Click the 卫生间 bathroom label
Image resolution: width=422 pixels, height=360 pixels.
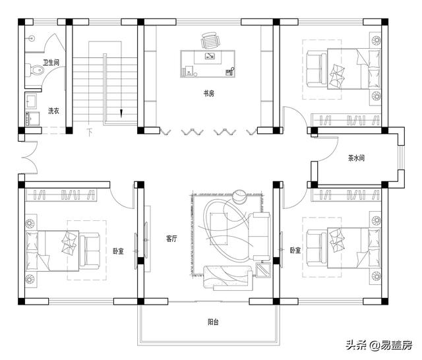pyautogui.click(x=51, y=63)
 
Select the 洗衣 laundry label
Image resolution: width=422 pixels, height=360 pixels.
pyautogui.click(x=53, y=111)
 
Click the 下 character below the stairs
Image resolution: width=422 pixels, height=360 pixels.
pyautogui.click(x=89, y=132)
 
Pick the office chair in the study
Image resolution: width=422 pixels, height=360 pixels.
pyautogui.click(x=210, y=41)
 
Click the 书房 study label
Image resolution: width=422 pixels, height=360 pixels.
pyautogui.click(x=208, y=94)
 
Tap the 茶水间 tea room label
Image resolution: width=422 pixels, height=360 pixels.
pyautogui.click(x=357, y=158)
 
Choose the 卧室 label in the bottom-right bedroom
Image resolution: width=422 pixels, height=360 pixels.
pyautogui.click(x=295, y=251)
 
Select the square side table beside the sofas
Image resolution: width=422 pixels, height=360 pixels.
pyautogui.click(x=263, y=269)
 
